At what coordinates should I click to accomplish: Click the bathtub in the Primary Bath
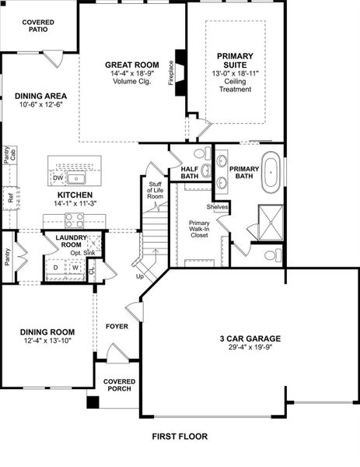click(x=271, y=174)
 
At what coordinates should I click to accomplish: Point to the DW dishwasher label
click(x=58, y=177)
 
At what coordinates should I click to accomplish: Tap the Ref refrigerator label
click(x=10, y=198)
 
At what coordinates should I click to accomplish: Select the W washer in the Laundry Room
click(x=76, y=267)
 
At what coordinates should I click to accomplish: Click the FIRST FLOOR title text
click(x=180, y=437)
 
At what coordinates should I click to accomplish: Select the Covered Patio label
click(x=38, y=28)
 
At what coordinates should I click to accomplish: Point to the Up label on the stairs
click(x=140, y=276)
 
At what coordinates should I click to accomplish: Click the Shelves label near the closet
click(x=218, y=207)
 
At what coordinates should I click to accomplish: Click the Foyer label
click(x=117, y=327)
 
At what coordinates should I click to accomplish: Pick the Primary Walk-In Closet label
click(x=199, y=230)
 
